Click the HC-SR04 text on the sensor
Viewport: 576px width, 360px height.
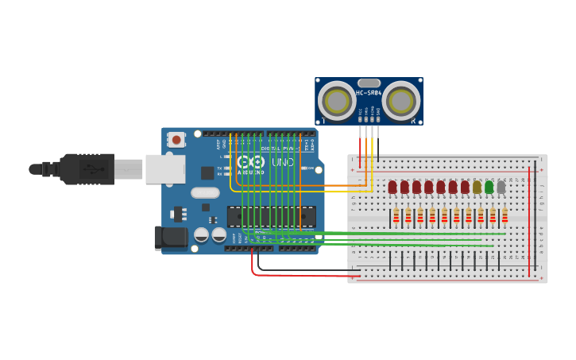(x=369, y=93)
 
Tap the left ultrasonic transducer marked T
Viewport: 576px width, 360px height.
(x=336, y=102)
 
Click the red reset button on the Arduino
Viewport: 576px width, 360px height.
(x=176, y=140)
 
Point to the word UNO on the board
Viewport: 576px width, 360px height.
(x=284, y=162)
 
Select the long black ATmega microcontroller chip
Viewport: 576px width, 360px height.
(x=271, y=215)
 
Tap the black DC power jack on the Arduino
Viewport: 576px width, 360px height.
(x=169, y=237)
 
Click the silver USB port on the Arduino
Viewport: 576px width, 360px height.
(x=165, y=169)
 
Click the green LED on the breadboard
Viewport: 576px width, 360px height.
(x=489, y=188)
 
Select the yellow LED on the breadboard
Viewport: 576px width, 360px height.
(x=477, y=188)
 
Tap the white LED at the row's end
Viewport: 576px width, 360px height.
(x=501, y=188)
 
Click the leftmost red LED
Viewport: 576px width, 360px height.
(x=392, y=188)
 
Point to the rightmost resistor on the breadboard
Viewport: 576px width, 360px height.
(x=504, y=215)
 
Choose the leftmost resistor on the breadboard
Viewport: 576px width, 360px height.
(x=396, y=215)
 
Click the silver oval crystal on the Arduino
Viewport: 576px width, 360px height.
(x=205, y=192)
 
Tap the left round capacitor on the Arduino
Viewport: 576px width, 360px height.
(x=202, y=234)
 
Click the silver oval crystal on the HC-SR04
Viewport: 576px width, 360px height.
(x=369, y=83)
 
